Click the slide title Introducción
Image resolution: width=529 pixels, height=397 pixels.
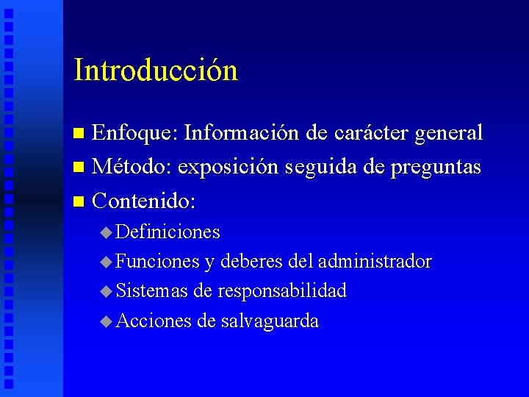(x=156, y=71)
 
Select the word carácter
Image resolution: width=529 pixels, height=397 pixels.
(x=372, y=133)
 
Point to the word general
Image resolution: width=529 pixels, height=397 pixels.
(x=449, y=134)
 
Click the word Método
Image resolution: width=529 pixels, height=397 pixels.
(x=133, y=167)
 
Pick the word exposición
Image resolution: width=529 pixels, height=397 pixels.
(x=228, y=168)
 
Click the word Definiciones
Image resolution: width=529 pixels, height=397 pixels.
(x=168, y=232)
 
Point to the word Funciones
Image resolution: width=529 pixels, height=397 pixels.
(x=157, y=262)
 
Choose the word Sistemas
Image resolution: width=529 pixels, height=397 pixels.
(x=152, y=291)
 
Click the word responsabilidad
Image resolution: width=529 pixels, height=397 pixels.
(x=281, y=292)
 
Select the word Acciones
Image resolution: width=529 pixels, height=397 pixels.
(x=154, y=321)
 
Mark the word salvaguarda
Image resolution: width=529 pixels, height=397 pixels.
(x=269, y=321)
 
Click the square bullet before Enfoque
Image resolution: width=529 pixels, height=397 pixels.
(x=81, y=134)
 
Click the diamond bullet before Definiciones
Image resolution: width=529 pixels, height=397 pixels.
(x=107, y=233)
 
